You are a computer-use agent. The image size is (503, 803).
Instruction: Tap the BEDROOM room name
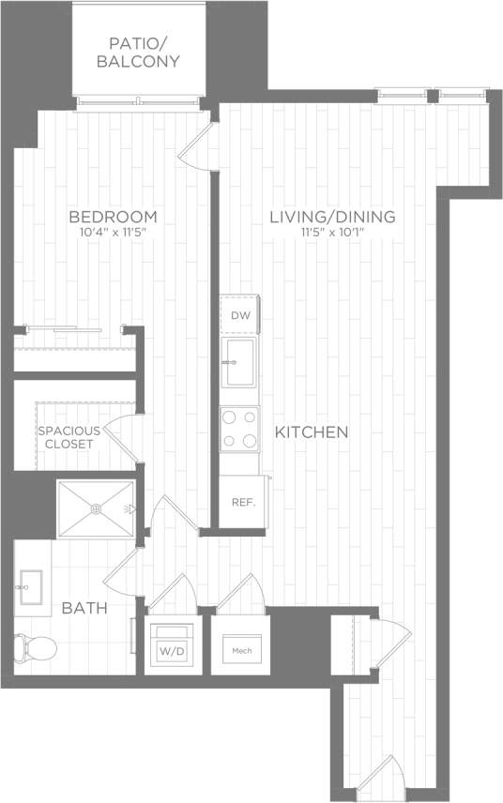[113, 217]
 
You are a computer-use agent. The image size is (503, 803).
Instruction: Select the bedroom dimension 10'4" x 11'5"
[113, 233]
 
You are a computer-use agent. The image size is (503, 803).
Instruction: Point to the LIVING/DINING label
[332, 217]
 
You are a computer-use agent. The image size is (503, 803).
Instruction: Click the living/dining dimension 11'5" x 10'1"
[332, 233]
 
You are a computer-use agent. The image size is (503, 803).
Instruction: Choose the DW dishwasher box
[240, 315]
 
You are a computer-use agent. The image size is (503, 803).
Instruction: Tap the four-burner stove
[239, 430]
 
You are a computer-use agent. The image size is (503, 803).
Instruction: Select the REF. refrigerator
[243, 501]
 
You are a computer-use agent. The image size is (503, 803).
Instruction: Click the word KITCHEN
[312, 432]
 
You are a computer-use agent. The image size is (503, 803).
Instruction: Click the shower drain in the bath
[95, 508]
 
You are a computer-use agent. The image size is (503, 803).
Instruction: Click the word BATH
[84, 608]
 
